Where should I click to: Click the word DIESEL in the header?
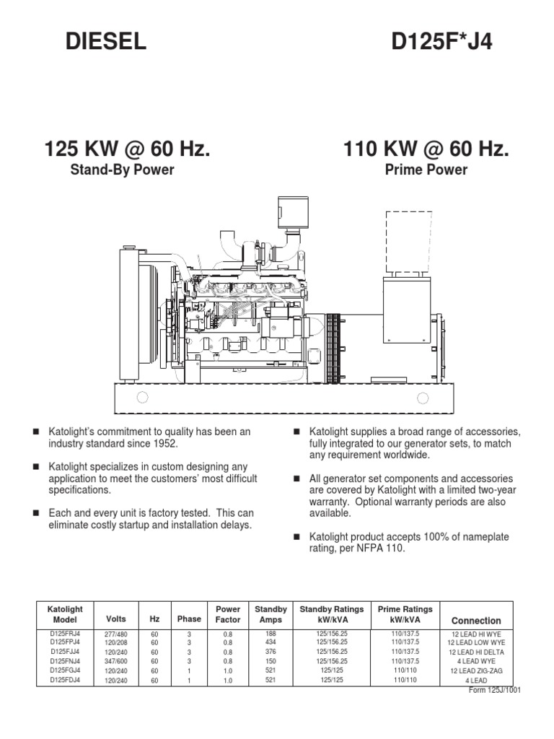pyautogui.click(x=106, y=43)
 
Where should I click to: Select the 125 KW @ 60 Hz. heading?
pyautogui.click(x=128, y=149)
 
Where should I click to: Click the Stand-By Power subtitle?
pyautogui.click(x=128, y=170)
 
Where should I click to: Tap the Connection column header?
pyautogui.click(x=475, y=621)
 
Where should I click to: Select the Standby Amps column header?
pyautogui.click(x=271, y=615)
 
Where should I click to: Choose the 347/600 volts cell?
pyautogui.click(x=115, y=660)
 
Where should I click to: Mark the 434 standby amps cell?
pyautogui.click(x=271, y=642)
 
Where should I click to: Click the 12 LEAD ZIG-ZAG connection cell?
pyautogui.click(x=475, y=670)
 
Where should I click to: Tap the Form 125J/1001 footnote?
pyautogui.click(x=495, y=690)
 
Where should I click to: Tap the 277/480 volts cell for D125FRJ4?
pyautogui.click(x=115, y=634)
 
